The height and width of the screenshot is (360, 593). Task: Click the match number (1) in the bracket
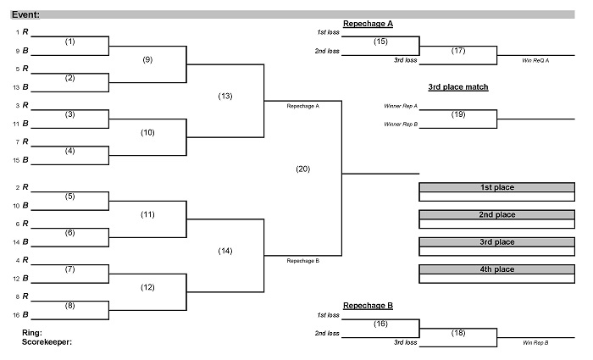pyautogui.click(x=70, y=41)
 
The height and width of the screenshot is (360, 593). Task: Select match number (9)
pyautogui.click(x=147, y=59)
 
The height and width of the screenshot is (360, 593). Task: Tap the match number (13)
pyautogui.click(x=225, y=96)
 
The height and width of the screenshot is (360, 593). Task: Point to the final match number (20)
pyautogui.click(x=302, y=169)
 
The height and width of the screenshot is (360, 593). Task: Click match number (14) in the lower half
pyautogui.click(x=225, y=251)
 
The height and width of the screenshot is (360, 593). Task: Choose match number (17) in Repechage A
pyautogui.click(x=458, y=50)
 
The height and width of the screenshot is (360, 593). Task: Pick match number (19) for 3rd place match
pyautogui.click(x=458, y=114)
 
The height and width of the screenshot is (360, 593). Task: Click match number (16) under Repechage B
pyautogui.click(x=380, y=324)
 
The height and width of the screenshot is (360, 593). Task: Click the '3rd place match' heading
pyautogui.click(x=458, y=86)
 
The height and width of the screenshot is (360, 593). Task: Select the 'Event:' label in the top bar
pyautogui.click(x=25, y=14)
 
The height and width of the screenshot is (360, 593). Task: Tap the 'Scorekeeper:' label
pyautogui.click(x=47, y=342)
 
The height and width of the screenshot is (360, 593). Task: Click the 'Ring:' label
pyautogui.click(x=32, y=333)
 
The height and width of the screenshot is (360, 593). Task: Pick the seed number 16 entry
pyautogui.click(x=17, y=314)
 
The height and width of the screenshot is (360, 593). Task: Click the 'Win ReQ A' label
pyautogui.click(x=535, y=60)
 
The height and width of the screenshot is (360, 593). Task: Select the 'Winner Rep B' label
pyautogui.click(x=401, y=125)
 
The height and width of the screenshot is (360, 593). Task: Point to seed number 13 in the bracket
pyautogui.click(x=17, y=87)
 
